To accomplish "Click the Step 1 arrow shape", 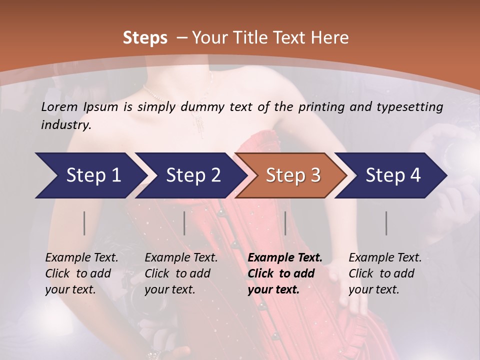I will tap(90, 175).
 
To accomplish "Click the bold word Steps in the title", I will tap(145, 37).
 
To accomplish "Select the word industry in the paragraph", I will tap(65, 125).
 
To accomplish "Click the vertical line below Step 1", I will tap(84, 223).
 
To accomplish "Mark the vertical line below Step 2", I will tap(184, 223).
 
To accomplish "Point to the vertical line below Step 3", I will tap(285, 223).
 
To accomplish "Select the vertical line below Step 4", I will tap(386, 223).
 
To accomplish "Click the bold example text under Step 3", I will tap(284, 273).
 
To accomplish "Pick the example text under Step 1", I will tap(81, 273).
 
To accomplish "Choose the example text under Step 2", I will tap(181, 273).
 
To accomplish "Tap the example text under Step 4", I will tap(385, 273).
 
